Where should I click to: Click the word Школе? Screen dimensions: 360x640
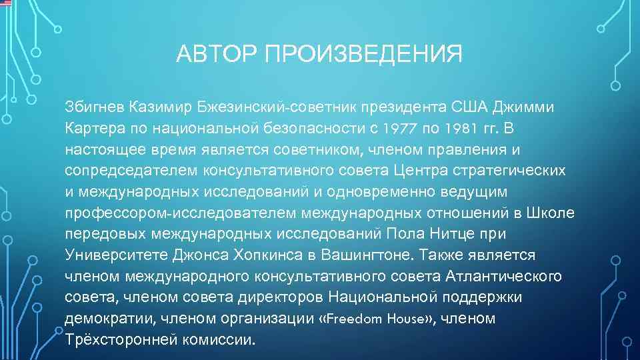[x=551, y=213]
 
